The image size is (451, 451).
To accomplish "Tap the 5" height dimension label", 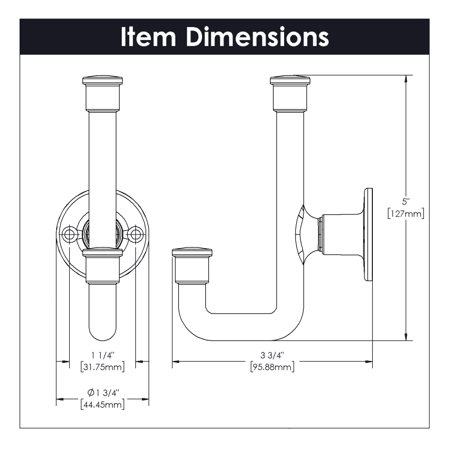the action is click(x=405, y=201).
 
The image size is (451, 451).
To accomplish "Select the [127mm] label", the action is click(x=405, y=213).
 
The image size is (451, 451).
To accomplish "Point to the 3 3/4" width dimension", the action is click(x=272, y=355).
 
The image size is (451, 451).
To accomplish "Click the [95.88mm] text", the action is click(x=272, y=367).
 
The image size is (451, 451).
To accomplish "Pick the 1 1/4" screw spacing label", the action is click(x=103, y=355).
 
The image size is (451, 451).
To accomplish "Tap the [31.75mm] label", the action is click(x=103, y=367).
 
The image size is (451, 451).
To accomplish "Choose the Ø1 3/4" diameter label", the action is click(x=103, y=392).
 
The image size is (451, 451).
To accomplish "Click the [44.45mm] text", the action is click(x=103, y=404).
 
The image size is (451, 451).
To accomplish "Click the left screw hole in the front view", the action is click(x=69, y=234).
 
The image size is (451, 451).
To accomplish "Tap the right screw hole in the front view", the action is click(x=136, y=234).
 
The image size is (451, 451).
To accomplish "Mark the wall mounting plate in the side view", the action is click(x=368, y=235).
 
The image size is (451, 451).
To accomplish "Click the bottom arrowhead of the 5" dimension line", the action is click(x=406, y=337).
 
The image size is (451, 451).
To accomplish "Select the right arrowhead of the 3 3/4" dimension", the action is click(x=369, y=361).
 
